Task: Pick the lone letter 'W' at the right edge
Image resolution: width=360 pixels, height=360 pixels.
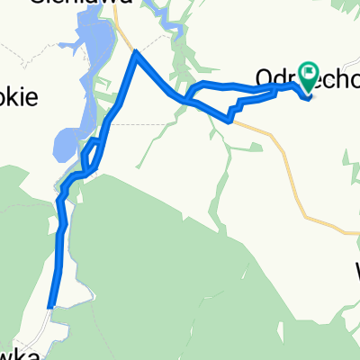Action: (355, 269)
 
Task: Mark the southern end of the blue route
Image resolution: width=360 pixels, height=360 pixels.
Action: (52, 307)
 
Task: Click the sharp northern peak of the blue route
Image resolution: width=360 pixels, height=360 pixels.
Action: (136, 53)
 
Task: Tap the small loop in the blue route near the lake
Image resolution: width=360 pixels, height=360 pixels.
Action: (91, 154)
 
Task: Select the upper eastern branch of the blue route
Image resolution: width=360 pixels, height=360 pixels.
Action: (234, 85)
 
